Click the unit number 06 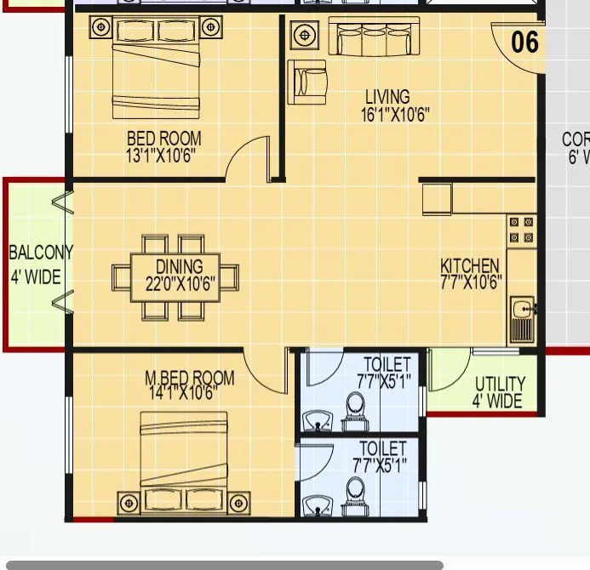tap(524, 41)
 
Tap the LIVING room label tap(387, 97)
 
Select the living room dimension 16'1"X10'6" tap(388, 113)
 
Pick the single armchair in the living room tap(306, 82)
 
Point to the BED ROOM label tap(164, 138)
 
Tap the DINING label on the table tap(179, 265)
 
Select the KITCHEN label tap(470, 266)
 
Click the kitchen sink tap(521, 316)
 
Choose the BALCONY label tap(40, 253)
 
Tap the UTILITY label tap(500, 385)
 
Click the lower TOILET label tap(383, 448)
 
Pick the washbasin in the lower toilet tap(317, 504)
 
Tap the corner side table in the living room tap(305, 36)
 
